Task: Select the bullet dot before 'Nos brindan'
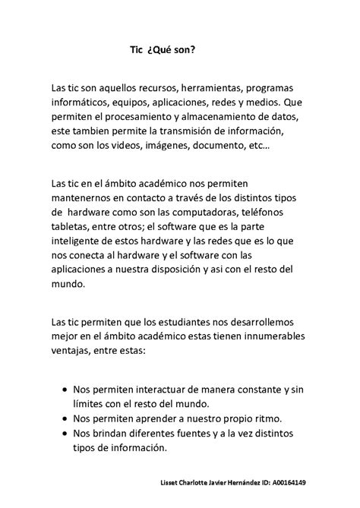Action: click(63, 433)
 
